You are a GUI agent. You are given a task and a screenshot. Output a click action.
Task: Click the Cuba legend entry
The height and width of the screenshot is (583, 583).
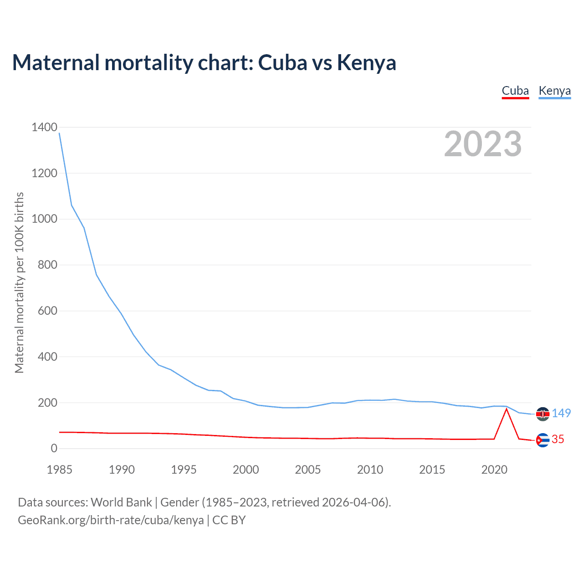[x=515, y=91]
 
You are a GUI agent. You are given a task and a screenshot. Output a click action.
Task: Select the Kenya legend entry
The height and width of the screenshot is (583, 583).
[x=554, y=91]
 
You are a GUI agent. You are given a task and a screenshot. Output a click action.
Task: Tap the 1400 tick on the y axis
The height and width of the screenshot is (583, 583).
[x=45, y=127]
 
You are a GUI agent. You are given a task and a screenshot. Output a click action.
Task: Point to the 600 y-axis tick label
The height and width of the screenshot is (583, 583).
[x=48, y=311]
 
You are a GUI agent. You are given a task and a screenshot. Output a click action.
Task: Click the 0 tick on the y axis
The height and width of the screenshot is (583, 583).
[x=54, y=448]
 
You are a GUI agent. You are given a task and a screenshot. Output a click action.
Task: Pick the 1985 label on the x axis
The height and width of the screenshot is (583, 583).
[x=60, y=470]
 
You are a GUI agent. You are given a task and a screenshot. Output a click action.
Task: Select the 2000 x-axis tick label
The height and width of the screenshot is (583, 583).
[x=246, y=470]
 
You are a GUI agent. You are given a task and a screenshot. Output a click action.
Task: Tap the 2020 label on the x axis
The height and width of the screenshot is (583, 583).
[x=494, y=470]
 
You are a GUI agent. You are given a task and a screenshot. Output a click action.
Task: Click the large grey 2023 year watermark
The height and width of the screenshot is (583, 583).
[x=483, y=144]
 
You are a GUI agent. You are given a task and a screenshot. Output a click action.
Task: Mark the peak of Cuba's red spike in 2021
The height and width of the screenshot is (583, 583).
[x=506, y=409]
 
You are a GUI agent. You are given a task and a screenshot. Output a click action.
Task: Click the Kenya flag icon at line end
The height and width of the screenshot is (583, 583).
[x=542, y=414]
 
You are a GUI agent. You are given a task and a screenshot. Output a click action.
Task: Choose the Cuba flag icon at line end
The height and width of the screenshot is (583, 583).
[x=542, y=440]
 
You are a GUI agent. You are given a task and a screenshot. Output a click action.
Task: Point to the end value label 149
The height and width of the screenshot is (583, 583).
[x=561, y=413]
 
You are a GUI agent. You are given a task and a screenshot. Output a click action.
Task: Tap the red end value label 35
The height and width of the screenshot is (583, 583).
[x=558, y=439]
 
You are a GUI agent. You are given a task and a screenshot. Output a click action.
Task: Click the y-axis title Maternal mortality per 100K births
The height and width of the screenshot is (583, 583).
[x=19, y=282]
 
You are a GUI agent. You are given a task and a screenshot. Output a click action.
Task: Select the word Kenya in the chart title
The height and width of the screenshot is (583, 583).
[x=367, y=62]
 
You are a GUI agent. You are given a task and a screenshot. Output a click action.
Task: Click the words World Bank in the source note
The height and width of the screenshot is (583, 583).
[x=121, y=502]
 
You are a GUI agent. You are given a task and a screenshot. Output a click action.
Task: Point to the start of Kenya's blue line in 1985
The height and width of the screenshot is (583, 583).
[x=60, y=133]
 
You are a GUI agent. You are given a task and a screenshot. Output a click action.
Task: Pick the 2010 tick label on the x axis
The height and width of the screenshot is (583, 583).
[x=370, y=470]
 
